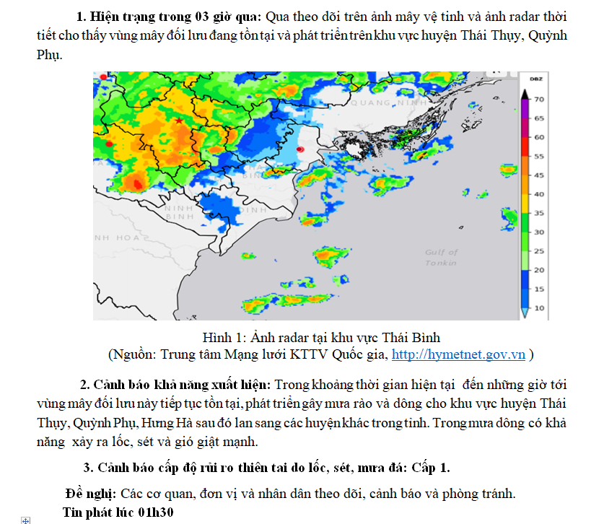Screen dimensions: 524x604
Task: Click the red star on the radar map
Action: point(179,121)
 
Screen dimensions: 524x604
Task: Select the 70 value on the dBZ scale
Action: point(538,99)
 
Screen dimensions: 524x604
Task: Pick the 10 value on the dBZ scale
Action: point(538,308)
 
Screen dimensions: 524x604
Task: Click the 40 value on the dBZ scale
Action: point(538,194)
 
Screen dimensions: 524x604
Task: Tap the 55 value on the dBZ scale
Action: point(538,156)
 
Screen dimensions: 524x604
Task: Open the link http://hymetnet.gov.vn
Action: point(458,354)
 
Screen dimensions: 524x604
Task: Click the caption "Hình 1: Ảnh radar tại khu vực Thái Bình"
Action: point(321,338)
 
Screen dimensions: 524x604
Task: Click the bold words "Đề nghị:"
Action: point(90,494)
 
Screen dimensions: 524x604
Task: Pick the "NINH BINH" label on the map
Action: point(178,211)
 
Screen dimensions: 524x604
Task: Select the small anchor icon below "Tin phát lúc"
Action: point(26,520)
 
